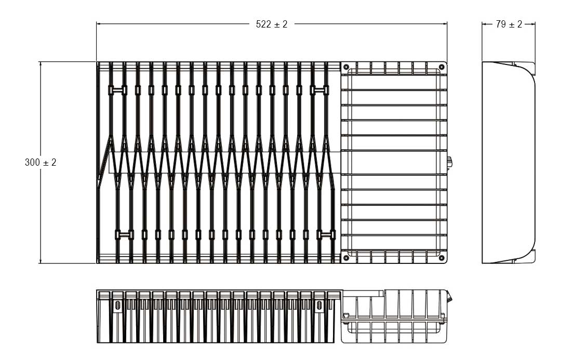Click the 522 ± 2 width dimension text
tap(272, 24)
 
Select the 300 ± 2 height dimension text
tap(41, 163)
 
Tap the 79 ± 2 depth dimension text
tap(509, 24)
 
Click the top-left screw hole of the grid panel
tap(346, 66)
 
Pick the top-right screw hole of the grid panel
tap(441, 66)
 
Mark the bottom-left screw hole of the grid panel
tap(346, 257)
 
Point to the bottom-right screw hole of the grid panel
tap(441, 257)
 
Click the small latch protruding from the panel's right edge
tap(450, 163)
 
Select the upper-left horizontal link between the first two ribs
tap(117, 90)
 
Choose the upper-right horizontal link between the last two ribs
tap(320, 90)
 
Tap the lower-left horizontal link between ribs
tap(124, 235)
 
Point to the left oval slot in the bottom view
tap(117, 305)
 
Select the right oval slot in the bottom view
tap(319, 305)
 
